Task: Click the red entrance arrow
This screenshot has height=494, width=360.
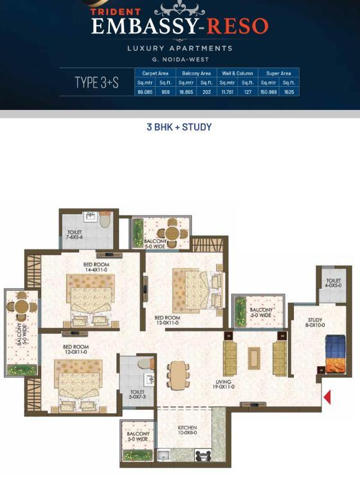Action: pos(328,397)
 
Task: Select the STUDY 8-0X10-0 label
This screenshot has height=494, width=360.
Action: pos(315,322)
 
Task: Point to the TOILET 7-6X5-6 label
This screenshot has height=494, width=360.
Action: pos(75,234)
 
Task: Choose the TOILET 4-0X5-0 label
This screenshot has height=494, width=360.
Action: pos(333,282)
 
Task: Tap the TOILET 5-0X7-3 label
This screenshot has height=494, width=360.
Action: pos(137,394)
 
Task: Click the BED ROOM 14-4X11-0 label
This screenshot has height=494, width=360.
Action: pos(96,267)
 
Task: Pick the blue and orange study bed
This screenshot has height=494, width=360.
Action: pos(335,354)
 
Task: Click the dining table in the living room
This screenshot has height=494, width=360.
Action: pos(178,374)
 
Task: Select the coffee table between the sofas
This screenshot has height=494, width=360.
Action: pos(254,358)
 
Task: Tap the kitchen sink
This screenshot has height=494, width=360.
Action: pos(163,455)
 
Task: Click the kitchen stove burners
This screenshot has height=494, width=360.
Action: pos(203,455)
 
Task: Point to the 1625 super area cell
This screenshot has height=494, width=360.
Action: pos(289,92)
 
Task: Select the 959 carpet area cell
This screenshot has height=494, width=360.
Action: pos(165,92)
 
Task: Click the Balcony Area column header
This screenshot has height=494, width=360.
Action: pos(196,73)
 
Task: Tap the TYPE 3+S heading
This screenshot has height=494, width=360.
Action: pos(96,82)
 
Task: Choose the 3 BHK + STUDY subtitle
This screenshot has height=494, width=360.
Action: pos(179,127)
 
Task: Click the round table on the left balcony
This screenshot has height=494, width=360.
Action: pos(21,306)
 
